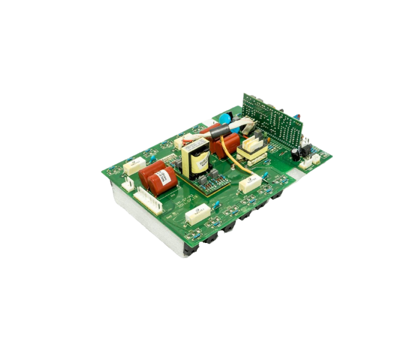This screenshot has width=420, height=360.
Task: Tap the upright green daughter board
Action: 272,121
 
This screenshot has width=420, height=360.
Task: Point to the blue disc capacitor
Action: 226,118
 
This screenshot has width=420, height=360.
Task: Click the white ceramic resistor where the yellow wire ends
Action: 249,183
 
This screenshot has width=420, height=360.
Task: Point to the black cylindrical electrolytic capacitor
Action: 295,154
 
